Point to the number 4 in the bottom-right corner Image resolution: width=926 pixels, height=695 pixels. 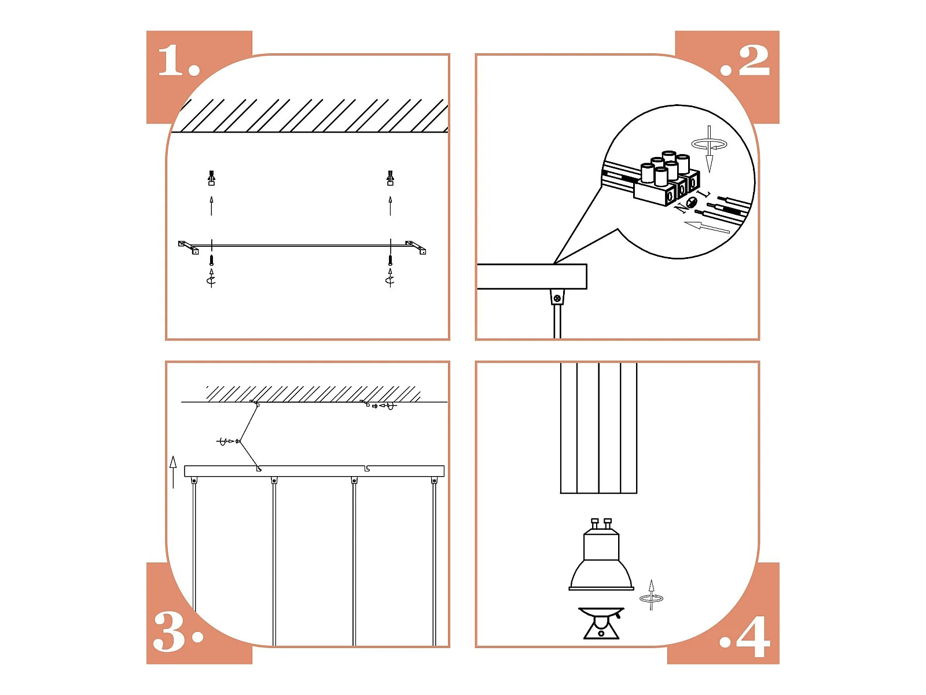[x=754, y=637]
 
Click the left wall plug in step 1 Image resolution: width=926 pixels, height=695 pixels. [x=211, y=178]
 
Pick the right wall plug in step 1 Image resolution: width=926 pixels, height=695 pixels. [x=390, y=178]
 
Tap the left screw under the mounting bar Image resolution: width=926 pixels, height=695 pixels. [x=211, y=259]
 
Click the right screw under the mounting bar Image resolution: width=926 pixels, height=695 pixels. [x=390, y=259]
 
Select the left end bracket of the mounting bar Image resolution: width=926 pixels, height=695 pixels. [x=188, y=247]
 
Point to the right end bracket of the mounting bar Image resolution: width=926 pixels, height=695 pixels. [x=416, y=247]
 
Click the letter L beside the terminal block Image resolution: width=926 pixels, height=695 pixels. [x=704, y=194]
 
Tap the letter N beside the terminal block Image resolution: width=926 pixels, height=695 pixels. [x=680, y=208]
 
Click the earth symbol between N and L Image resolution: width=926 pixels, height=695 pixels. [x=692, y=202]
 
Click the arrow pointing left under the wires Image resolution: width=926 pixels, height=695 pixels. [x=707, y=226]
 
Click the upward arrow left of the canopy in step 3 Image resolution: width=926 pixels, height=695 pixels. [x=173, y=472]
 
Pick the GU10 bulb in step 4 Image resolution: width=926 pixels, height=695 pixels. [x=601, y=554]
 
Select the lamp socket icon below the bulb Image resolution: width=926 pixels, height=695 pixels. [x=601, y=623]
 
